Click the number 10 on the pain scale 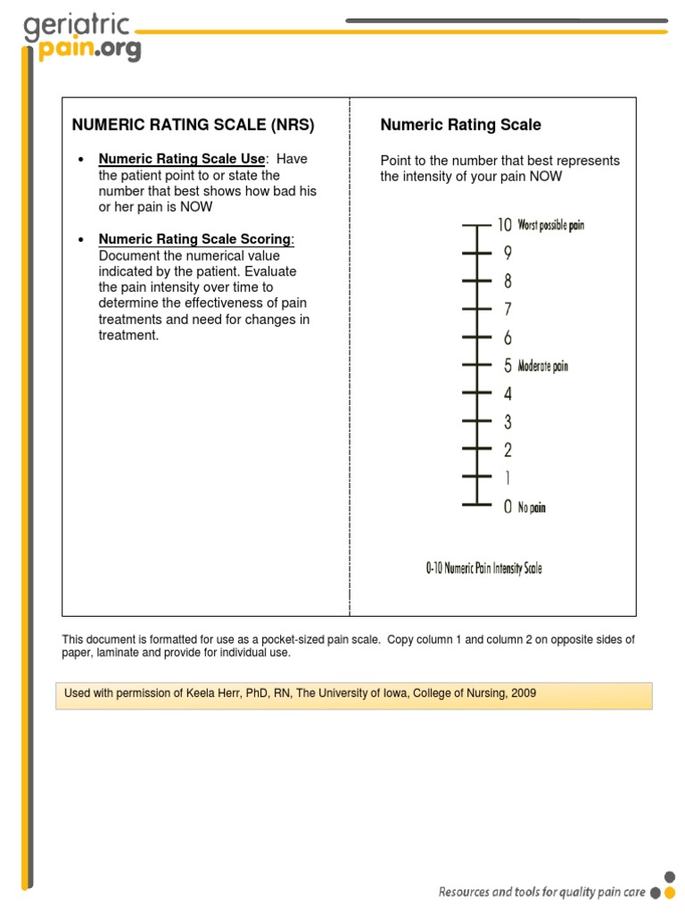504,225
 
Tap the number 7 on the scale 508,310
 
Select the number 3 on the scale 508,421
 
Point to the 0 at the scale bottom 508,507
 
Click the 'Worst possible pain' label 551,226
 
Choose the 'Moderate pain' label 542,366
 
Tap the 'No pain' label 532,508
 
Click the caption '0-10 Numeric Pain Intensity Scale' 483,568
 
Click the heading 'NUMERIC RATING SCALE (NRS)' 193,125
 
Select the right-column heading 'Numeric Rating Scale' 460,125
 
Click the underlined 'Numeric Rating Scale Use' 182,160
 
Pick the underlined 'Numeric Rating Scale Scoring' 194,239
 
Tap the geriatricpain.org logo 81,37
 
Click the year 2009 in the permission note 523,694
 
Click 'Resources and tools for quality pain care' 541,892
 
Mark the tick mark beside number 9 477,253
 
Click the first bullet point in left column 81,160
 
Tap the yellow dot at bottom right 669,892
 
